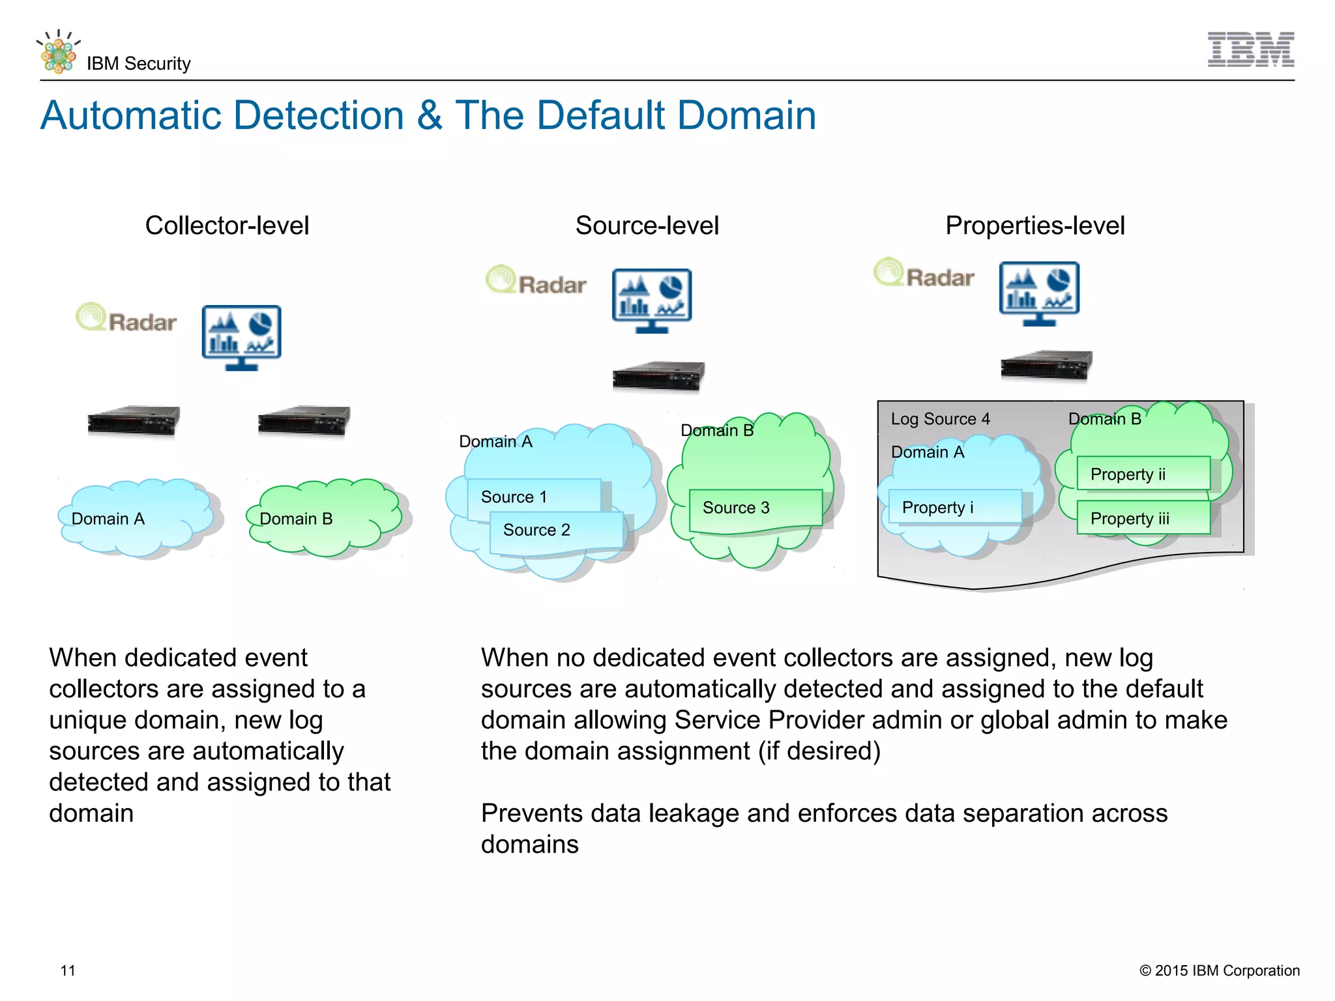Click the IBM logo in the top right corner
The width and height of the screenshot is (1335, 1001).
[1250, 50]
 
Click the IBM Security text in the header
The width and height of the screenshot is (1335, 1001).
[138, 63]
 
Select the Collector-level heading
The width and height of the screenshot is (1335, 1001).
[227, 225]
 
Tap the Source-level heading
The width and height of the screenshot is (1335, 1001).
[647, 225]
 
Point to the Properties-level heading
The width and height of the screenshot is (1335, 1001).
[1034, 225]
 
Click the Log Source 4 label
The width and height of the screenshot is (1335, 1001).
[940, 419]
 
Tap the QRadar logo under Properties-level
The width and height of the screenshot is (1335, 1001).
[924, 274]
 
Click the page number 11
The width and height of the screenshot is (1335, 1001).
[68, 970]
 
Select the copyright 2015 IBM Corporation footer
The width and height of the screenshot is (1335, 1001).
[1219, 970]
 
